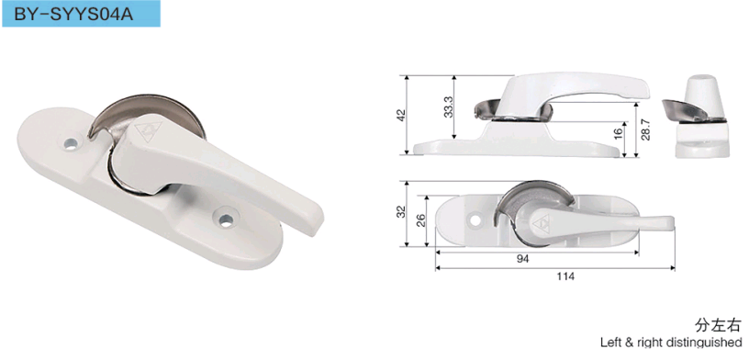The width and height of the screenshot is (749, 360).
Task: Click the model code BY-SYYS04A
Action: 73,15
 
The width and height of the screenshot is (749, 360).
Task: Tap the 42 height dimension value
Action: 401,115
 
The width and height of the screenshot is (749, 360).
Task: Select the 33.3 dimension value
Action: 449,107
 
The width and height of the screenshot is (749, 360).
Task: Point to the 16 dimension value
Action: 619,132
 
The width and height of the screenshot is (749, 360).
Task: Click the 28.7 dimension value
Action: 646,129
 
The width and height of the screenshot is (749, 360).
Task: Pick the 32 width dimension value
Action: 402,211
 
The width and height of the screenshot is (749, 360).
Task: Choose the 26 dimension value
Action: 420,221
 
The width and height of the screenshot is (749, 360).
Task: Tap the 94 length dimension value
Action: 523,259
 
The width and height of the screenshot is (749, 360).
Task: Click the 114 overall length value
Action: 565,276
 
